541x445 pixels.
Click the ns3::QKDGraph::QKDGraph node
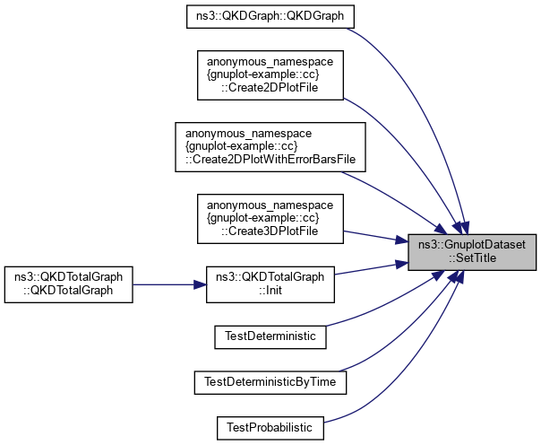(x=270, y=17)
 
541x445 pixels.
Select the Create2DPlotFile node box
(x=270, y=77)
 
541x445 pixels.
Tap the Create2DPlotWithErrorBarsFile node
(x=270, y=147)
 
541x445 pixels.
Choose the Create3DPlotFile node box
(x=270, y=218)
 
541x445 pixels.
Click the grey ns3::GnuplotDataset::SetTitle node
(x=472, y=250)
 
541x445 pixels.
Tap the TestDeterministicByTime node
(x=270, y=381)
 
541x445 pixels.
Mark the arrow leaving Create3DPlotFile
(x=376, y=235)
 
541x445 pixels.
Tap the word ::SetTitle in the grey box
(x=472, y=257)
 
